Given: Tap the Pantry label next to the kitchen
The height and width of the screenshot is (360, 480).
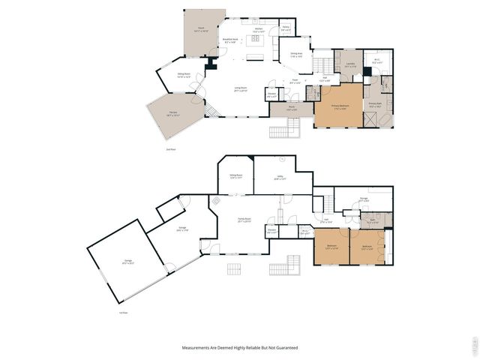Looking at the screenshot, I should (286, 28).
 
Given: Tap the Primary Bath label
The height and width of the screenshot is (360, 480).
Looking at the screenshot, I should (375, 105).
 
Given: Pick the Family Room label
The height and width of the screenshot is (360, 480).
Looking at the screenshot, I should (244, 220).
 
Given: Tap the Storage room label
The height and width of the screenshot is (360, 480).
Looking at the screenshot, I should (363, 199).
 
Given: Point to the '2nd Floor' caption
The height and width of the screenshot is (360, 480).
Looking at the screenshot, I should (170, 149).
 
